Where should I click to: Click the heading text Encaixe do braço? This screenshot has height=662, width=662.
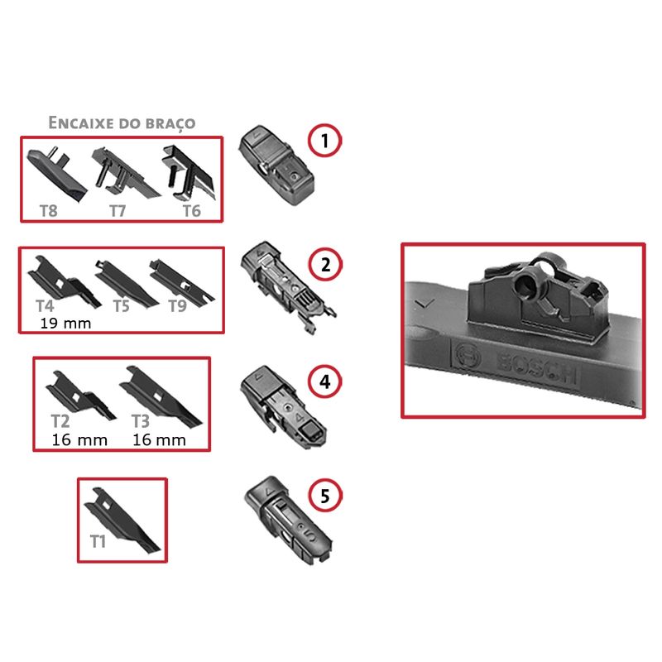point(122,122)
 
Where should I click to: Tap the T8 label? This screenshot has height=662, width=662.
point(49,211)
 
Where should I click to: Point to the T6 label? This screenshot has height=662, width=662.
point(192,211)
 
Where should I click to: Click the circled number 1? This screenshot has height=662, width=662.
point(324,141)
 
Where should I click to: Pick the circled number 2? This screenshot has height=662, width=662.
point(325,265)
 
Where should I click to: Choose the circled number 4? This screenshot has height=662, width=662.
point(324,381)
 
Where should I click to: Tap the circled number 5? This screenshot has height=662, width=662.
point(325,496)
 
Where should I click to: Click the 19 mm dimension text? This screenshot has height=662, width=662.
point(65,324)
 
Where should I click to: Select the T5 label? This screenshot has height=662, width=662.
point(121,306)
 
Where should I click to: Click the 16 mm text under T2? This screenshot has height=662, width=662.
point(79,440)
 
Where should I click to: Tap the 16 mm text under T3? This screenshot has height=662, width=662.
point(159,440)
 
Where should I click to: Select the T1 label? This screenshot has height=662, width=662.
point(98,541)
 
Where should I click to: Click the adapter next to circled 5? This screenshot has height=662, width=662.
point(287,520)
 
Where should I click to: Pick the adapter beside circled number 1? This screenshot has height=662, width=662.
point(276,165)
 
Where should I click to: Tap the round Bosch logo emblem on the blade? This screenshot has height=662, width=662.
point(468,356)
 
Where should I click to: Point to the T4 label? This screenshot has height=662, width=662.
point(45,305)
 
